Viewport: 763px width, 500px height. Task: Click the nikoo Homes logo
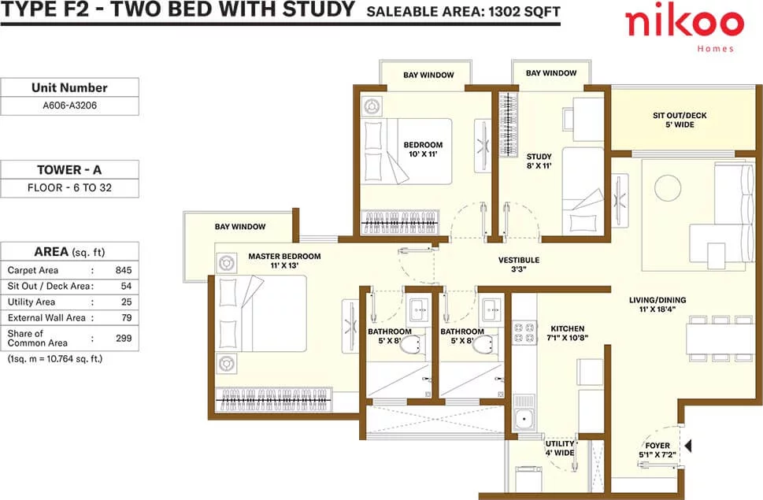pyautogui.click(x=684, y=28)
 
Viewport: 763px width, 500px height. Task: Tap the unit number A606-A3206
pyautogui.click(x=69, y=105)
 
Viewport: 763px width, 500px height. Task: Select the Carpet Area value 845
pyautogui.click(x=124, y=270)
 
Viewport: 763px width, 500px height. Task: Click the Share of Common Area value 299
pyautogui.click(x=124, y=338)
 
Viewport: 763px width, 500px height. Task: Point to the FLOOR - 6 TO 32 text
pyautogui.click(x=69, y=187)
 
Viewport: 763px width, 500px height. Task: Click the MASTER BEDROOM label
pyautogui.click(x=285, y=257)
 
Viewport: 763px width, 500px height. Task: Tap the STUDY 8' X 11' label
pyautogui.click(x=539, y=161)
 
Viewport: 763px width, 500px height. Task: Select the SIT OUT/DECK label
pyautogui.click(x=680, y=116)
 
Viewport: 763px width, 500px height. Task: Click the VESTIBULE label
pyautogui.click(x=519, y=260)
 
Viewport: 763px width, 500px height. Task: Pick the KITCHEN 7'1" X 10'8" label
pyautogui.click(x=568, y=333)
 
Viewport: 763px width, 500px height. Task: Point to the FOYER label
pyautogui.click(x=657, y=446)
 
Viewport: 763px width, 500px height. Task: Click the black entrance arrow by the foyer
pyautogui.click(x=687, y=446)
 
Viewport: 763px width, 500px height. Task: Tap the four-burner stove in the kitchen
pyautogui.click(x=524, y=333)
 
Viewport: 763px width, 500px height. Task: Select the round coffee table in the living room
pyautogui.click(x=668, y=187)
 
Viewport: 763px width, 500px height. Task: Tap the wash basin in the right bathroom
pyautogui.click(x=491, y=309)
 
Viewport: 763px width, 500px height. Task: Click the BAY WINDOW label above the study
pyautogui.click(x=551, y=73)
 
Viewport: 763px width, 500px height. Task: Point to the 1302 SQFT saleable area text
pyautogui.click(x=524, y=12)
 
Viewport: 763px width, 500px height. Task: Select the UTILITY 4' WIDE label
pyautogui.click(x=560, y=448)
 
